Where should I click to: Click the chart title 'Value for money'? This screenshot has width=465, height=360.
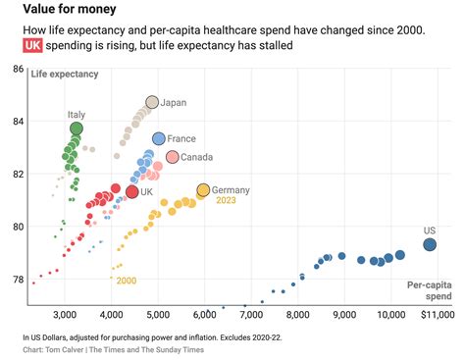68,10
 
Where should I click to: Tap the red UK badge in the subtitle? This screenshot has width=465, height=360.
35,46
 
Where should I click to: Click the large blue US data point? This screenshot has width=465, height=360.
430,244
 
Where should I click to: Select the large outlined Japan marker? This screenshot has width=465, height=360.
152,102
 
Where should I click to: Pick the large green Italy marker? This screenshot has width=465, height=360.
77,129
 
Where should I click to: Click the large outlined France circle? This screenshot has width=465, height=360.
159,138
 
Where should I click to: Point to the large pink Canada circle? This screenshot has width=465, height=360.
173,157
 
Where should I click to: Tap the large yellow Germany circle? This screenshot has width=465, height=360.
203,189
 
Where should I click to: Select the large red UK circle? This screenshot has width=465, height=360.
132,192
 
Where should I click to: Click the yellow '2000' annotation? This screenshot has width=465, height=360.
126,281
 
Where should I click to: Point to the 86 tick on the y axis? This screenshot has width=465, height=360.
18,69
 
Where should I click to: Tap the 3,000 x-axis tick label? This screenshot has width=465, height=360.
65,316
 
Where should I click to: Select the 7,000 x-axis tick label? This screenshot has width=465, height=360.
251,316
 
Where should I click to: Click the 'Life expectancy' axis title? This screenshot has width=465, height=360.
66,76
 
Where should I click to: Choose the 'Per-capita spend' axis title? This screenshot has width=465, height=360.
430,290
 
